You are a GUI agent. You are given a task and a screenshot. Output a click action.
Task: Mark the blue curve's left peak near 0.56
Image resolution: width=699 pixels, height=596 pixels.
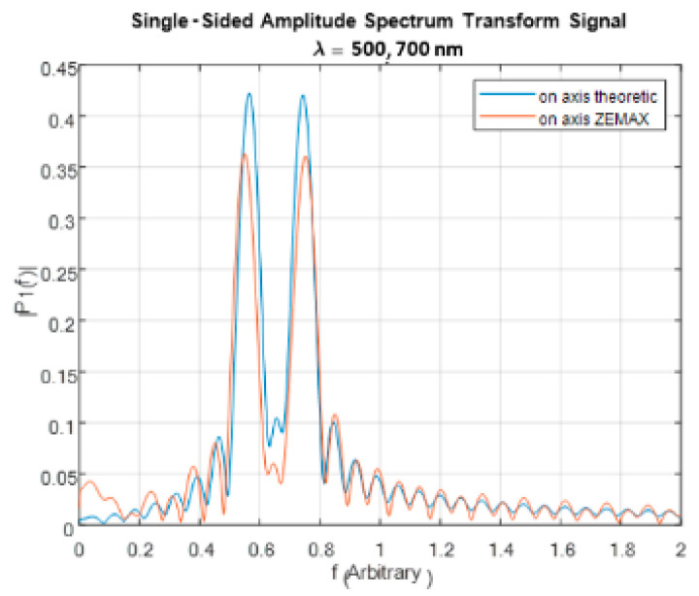point(249,94)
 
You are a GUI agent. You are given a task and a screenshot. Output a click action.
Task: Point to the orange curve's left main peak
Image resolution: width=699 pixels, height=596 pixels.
point(244,155)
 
